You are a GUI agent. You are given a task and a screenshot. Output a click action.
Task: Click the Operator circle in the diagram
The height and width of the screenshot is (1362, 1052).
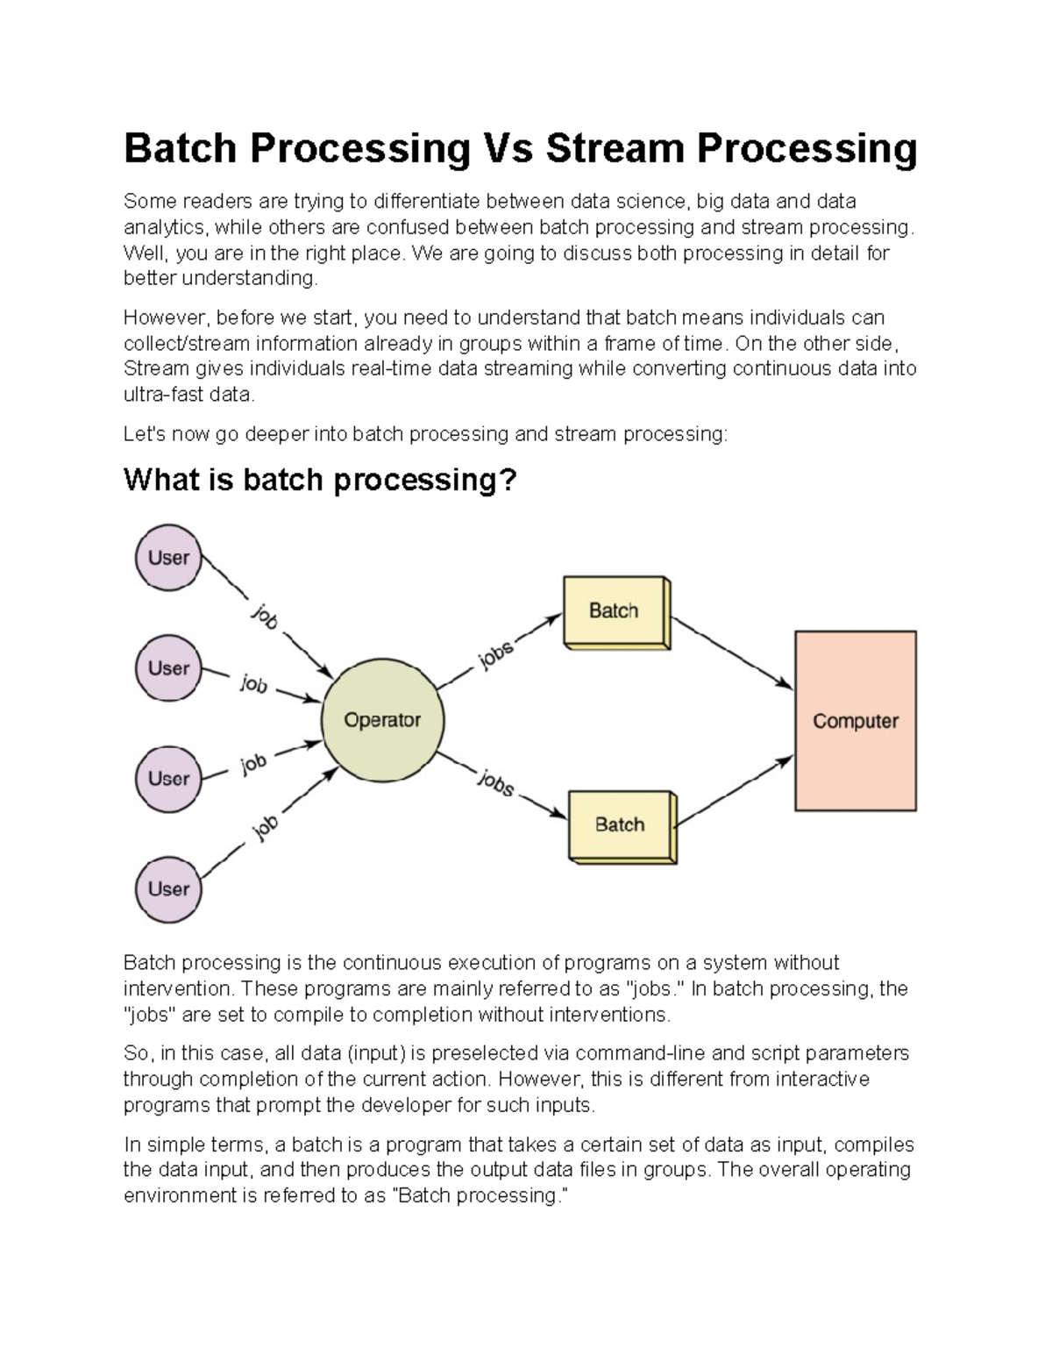[x=383, y=720]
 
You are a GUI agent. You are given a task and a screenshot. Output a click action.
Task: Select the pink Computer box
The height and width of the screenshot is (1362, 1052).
[x=855, y=721]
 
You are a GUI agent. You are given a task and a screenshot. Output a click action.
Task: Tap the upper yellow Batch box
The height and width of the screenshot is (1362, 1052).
[x=615, y=611]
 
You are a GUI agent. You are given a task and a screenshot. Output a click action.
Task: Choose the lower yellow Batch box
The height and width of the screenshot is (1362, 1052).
[x=621, y=825]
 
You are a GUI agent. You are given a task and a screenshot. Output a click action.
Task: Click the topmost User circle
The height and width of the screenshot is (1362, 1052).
[x=168, y=558]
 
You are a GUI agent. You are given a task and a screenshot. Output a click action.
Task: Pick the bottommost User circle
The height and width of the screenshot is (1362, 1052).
[x=168, y=889]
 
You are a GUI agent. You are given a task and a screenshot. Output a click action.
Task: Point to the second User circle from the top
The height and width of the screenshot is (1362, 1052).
[x=168, y=668]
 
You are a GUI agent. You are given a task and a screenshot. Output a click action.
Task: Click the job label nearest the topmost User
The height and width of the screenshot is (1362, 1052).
[x=265, y=617]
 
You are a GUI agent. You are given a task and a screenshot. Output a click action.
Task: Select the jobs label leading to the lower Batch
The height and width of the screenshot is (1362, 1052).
[x=495, y=782]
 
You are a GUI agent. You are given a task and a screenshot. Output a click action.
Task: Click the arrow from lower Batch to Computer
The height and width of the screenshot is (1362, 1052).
[x=735, y=791]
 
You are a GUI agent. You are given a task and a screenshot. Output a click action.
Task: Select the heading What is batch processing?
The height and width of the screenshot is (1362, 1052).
[x=320, y=480]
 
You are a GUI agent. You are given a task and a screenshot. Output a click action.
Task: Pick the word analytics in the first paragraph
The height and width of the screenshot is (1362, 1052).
[x=164, y=227]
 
